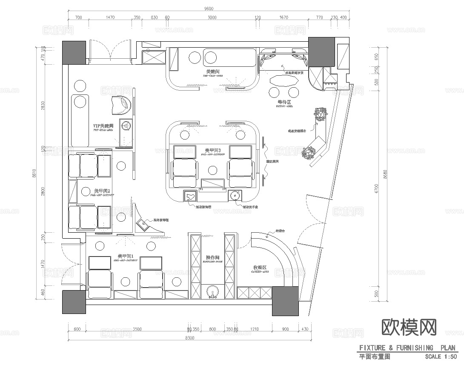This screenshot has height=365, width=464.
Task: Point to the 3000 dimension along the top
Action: [x=212, y=17]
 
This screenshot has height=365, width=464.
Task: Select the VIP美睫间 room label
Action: [x=103, y=126]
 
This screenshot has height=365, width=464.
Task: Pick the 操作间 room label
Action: [x=212, y=258]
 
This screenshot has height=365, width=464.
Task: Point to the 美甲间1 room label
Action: [x=126, y=256]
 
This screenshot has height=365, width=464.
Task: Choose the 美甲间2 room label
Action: [x=102, y=191]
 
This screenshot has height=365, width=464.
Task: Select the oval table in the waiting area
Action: [x=284, y=80]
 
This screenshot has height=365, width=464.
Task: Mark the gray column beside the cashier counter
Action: [x=285, y=301]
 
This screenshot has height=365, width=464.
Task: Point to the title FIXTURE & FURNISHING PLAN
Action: [x=407, y=348]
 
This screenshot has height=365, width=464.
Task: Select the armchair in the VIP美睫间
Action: [x=121, y=105]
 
